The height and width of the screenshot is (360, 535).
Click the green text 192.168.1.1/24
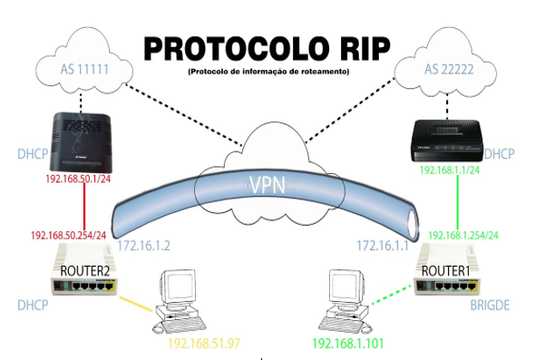point(452,170)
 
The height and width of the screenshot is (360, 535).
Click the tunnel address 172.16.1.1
point(380,245)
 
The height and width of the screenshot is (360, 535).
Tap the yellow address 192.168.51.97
point(209,344)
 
